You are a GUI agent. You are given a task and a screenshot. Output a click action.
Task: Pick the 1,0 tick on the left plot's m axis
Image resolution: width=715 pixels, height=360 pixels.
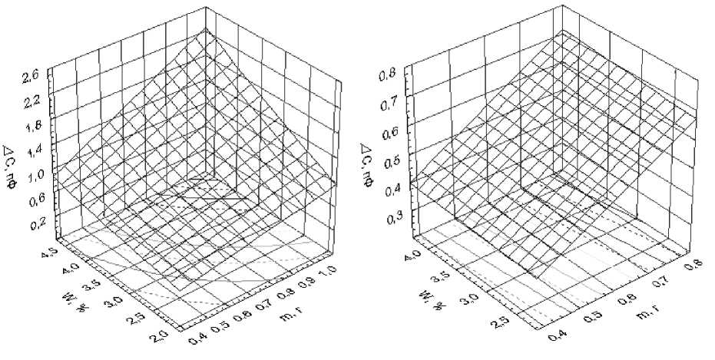pyautogui.click(x=328, y=271)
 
